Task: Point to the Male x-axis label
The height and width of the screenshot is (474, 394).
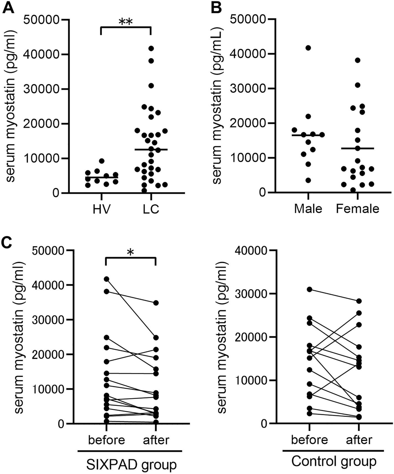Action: pyautogui.click(x=308, y=209)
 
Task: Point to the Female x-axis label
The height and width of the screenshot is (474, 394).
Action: pyautogui.click(x=357, y=209)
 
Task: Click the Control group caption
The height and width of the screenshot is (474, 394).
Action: pyautogui.click(x=334, y=462)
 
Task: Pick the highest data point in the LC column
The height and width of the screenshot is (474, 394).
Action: pyautogui.click(x=151, y=48)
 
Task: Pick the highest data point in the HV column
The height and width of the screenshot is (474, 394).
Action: pyautogui.click(x=102, y=161)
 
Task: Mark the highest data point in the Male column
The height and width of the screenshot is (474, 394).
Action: pyautogui.click(x=308, y=48)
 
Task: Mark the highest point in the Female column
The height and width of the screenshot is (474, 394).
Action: pyautogui.click(x=358, y=60)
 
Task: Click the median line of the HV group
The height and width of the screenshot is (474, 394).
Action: pyautogui.click(x=102, y=177)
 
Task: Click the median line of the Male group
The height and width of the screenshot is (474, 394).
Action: pyautogui.click(x=308, y=135)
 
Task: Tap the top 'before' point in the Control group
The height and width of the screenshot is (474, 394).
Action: pyautogui.click(x=309, y=290)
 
